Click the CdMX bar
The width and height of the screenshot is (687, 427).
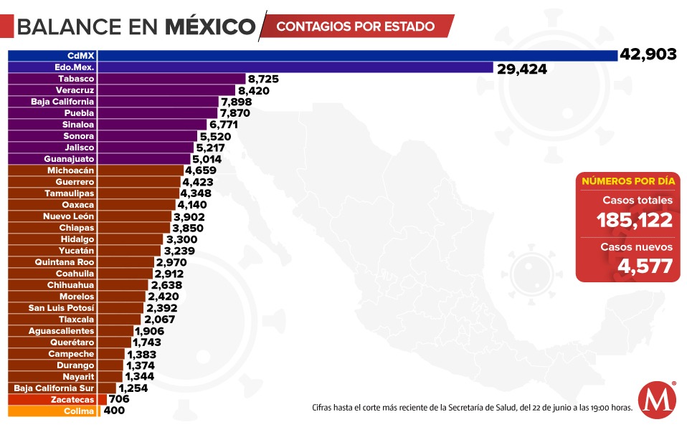(313, 56)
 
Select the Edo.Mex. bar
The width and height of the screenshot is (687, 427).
(251, 67)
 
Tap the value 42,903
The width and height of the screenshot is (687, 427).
(649, 55)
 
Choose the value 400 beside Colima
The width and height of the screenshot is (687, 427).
(114, 411)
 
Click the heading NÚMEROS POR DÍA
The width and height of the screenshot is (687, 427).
(627, 181)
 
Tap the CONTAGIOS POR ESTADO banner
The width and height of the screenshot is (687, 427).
(355, 27)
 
